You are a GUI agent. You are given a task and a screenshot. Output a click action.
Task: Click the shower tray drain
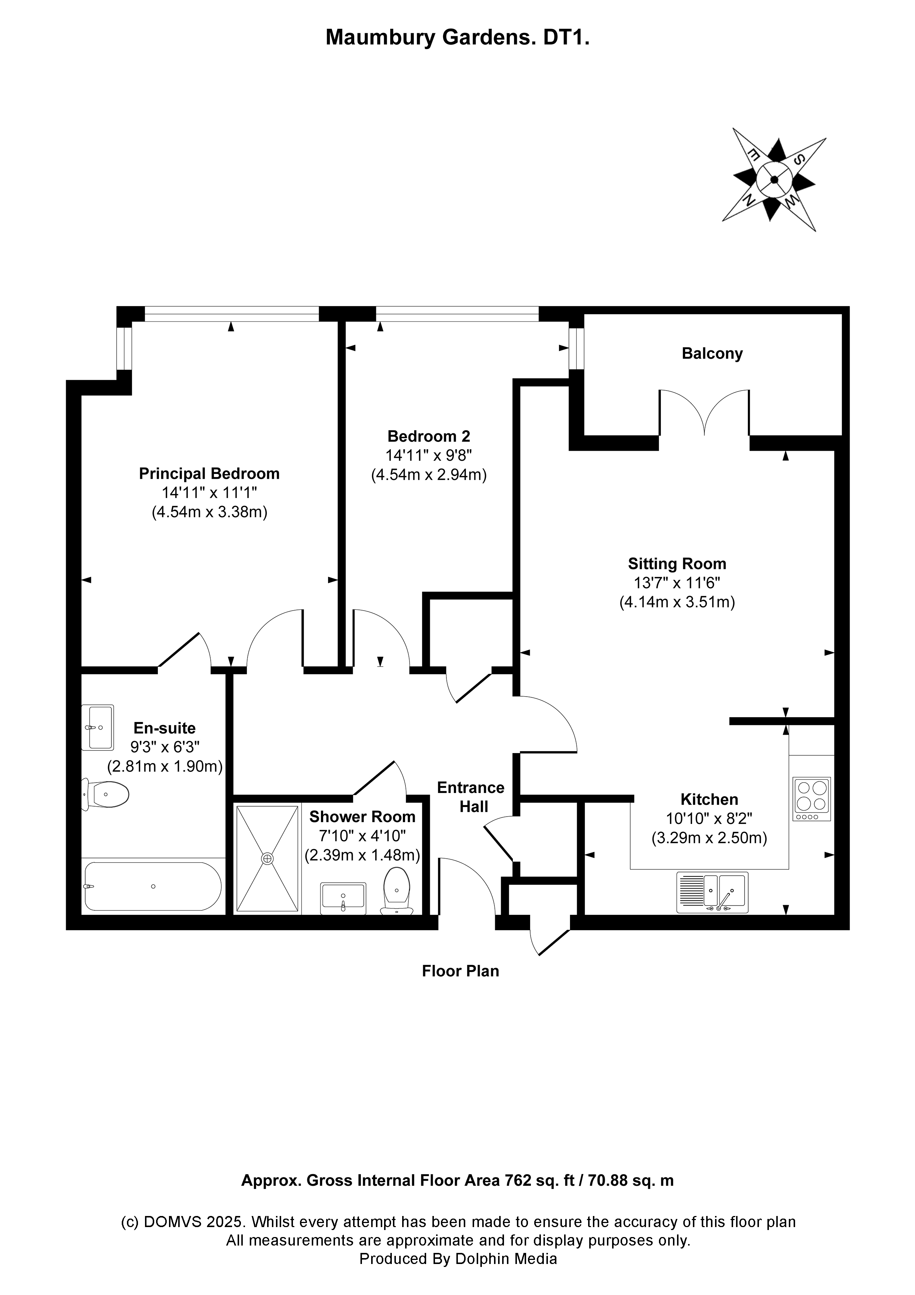point(267,858)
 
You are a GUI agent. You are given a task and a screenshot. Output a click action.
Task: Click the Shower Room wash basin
point(343,898)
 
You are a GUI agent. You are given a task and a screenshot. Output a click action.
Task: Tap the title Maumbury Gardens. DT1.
point(457,38)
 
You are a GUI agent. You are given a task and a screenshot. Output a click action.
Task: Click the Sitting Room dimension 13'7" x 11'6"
point(677,583)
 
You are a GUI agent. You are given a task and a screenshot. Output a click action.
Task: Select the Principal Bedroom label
point(209,473)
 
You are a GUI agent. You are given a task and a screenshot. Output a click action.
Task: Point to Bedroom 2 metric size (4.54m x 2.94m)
point(428,475)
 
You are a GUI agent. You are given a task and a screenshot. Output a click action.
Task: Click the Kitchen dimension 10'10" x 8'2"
point(709,818)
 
